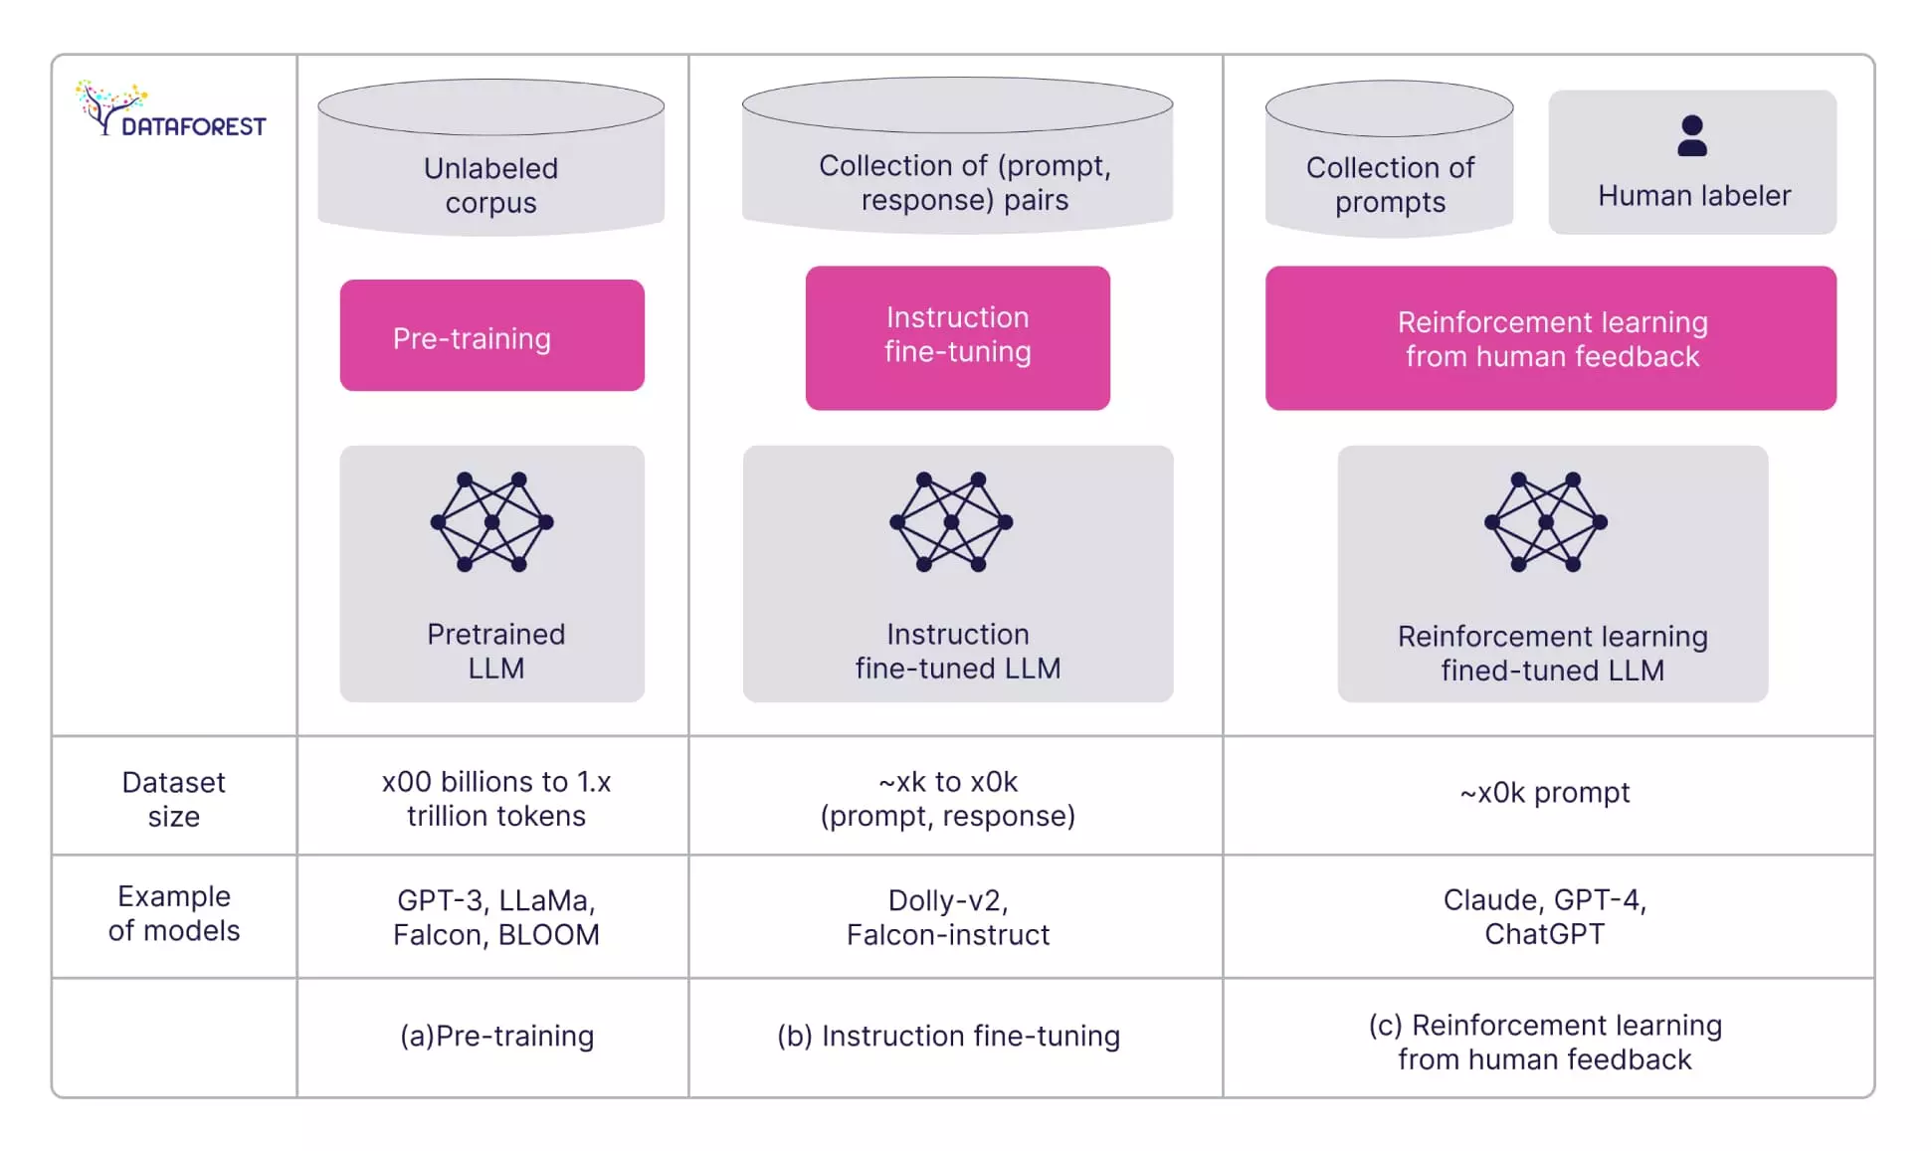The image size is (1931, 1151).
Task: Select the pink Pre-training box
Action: click(x=491, y=336)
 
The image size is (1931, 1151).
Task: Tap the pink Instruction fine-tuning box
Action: click(x=957, y=336)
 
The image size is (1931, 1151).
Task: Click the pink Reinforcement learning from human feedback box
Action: click(x=1550, y=338)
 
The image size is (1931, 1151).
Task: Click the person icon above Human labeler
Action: click(x=1691, y=136)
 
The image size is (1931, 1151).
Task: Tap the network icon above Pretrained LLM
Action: click(x=491, y=522)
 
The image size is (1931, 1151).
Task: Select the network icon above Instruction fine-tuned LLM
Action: click(x=951, y=522)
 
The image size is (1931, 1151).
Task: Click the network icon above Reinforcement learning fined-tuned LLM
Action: click(x=1545, y=522)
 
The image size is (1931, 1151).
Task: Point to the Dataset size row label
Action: click(x=173, y=799)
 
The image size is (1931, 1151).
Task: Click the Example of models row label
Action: click(x=173, y=913)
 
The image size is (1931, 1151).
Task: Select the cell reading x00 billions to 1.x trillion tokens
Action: click(x=495, y=799)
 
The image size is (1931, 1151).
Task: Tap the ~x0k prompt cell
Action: click(x=1544, y=793)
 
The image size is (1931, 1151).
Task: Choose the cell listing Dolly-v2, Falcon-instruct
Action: click(x=947, y=917)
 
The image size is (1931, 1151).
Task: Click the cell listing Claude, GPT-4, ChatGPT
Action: click(x=1544, y=916)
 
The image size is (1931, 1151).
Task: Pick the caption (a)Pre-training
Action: click(x=496, y=1037)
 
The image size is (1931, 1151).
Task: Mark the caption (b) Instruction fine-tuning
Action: click(x=948, y=1037)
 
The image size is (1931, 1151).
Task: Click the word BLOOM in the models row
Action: click(x=548, y=935)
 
